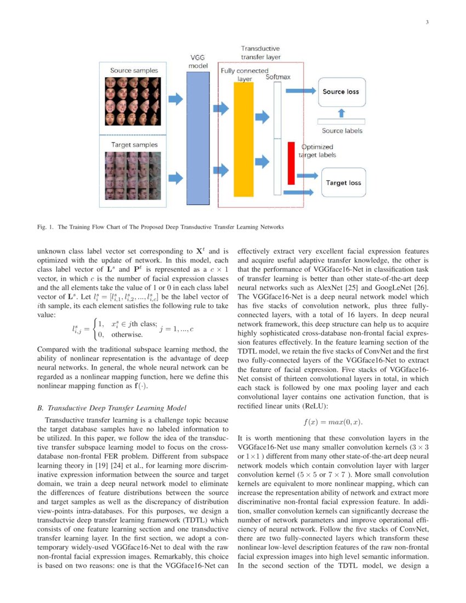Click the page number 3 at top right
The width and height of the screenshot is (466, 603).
click(427, 22)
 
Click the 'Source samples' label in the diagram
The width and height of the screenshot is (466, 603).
click(134, 71)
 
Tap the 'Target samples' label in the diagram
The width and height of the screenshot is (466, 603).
click(134, 145)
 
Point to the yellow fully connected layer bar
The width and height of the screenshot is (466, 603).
click(243, 140)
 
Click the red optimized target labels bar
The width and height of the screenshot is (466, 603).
click(291, 163)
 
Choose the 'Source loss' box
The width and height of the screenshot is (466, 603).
click(341, 92)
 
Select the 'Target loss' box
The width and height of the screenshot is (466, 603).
click(344, 182)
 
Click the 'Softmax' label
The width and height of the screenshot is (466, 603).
click(278, 77)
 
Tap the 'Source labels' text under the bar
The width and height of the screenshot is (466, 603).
click(342, 131)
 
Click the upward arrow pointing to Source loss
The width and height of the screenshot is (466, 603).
click(342, 113)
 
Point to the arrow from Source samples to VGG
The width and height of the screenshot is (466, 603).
click(175, 99)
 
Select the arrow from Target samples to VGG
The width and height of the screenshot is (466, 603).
click(175, 178)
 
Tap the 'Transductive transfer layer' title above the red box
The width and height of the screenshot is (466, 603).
click(260, 52)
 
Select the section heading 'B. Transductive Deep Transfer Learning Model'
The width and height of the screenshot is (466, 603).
click(111, 408)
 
